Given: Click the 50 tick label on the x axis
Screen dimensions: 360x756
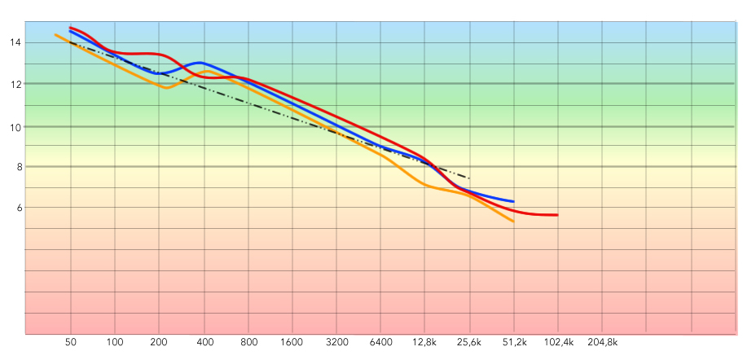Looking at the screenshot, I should (71, 343).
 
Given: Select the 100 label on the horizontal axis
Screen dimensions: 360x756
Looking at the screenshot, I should (115, 343).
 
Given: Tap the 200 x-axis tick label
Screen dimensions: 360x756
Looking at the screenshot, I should (160, 343).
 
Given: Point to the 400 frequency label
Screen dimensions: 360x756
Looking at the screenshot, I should (204, 343).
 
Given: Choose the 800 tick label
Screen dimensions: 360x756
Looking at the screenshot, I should (249, 343).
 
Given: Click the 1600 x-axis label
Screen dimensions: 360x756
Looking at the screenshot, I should (293, 343).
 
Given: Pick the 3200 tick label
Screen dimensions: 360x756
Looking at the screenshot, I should (337, 343).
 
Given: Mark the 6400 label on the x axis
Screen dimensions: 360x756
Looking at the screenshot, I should (381, 343).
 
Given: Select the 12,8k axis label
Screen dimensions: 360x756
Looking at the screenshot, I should (424, 343).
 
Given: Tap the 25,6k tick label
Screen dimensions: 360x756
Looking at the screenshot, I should (468, 343).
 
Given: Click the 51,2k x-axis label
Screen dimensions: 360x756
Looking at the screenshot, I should (513, 343).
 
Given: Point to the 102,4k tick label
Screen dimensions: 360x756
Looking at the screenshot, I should (559, 343).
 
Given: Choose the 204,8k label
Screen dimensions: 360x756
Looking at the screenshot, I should (603, 343).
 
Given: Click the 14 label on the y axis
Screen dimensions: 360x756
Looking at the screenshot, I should (16, 42).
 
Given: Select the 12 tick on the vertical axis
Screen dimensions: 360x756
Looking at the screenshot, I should (16, 84).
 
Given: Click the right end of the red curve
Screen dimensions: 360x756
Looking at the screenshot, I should (557, 215).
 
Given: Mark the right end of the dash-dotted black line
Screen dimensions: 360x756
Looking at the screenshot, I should (469, 178).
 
